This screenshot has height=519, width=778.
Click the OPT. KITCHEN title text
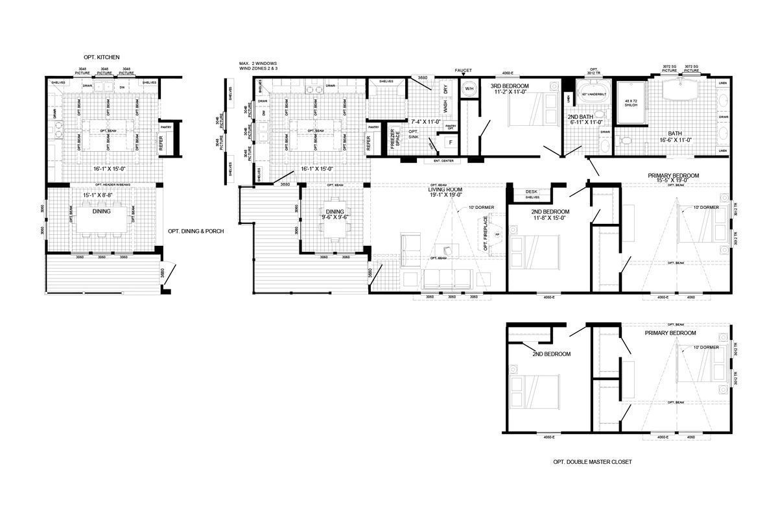pos(102,58)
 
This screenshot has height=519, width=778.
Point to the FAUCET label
pos(463,70)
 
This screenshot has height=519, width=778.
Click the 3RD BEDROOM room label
pos(509,86)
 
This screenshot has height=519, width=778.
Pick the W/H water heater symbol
pos(469,88)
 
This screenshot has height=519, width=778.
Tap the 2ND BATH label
pos(581,116)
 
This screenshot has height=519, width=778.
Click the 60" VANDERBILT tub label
pos(593,94)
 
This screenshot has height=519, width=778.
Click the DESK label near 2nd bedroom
pos(532,191)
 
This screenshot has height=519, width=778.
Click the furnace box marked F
pos(449,141)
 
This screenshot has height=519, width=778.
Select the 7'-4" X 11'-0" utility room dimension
pos(426,121)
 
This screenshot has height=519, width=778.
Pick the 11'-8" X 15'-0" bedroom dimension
pos(549,218)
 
